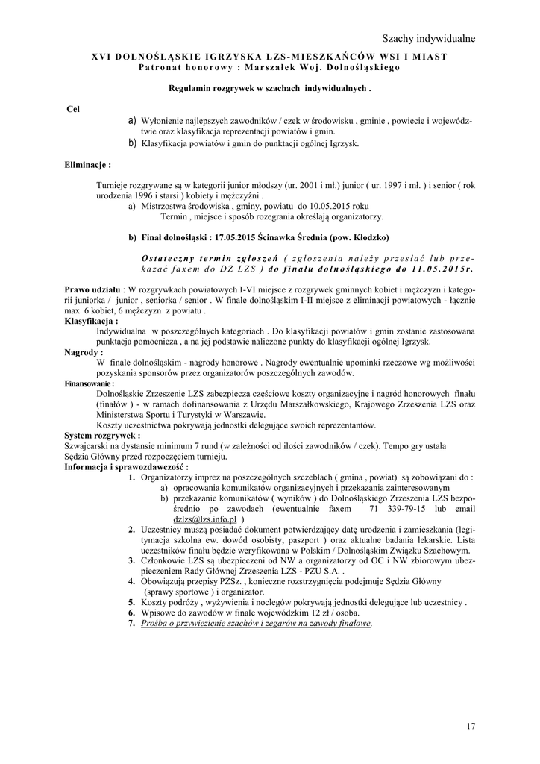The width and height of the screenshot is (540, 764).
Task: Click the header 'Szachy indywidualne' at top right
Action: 428,38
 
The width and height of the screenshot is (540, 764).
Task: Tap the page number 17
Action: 470,726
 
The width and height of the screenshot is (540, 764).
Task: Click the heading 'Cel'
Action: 73,109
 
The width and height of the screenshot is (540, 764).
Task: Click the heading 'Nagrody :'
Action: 84,351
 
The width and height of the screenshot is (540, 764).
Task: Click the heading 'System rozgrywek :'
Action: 102,435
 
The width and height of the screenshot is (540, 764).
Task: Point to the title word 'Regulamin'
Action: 192,88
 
